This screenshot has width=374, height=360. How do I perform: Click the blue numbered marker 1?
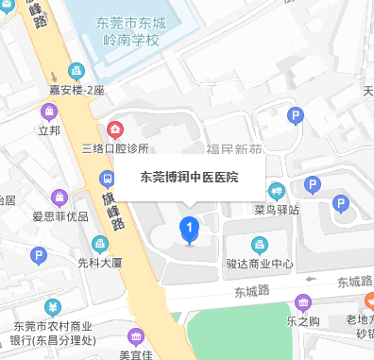pyautogui.click(x=189, y=229)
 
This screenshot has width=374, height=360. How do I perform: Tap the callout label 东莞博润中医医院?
pyautogui.click(x=189, y=177)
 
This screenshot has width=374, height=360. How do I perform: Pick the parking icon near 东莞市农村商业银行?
pyautogui.click(x=39, y=255)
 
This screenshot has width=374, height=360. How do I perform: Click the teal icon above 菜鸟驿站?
pyautogui.click(x=277, y=189)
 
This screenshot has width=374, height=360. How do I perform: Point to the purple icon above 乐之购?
pyautogui.click(x=303, y=303)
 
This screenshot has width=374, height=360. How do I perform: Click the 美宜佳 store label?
pyautogui.click(x=136, y=354)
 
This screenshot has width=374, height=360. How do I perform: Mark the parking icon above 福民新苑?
pyautogui.click(x=295, y=117)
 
